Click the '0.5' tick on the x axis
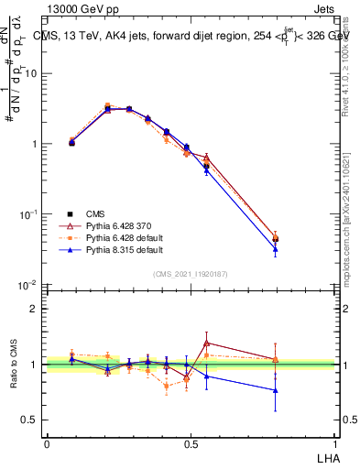[x=191, y=442]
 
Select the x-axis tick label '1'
[x=334, y=442]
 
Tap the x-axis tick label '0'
[x=47, y=442]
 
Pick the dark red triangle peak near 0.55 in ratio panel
[x=207, y=343]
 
